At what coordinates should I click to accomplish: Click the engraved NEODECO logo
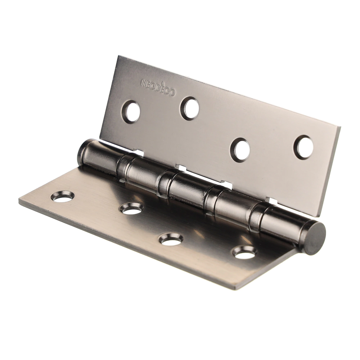[158, 87]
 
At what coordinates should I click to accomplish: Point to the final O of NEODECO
[173, 93]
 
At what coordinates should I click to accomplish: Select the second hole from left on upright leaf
[189, 108]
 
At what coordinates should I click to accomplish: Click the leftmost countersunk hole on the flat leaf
[62, 197]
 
